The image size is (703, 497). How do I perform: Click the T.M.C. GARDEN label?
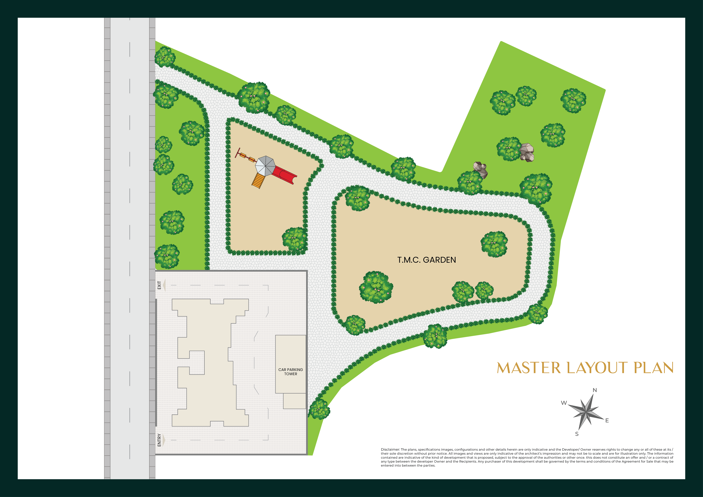pos(427,260)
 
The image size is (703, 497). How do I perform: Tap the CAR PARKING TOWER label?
pos(291,372)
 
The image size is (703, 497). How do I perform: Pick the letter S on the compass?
pos(577,434)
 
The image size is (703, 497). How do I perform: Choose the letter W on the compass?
pos(564,403)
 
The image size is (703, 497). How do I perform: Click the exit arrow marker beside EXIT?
pos(164,285)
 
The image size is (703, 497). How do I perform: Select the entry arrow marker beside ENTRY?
pos(164,440)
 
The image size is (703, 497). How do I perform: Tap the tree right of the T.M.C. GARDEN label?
pos(494,244)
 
